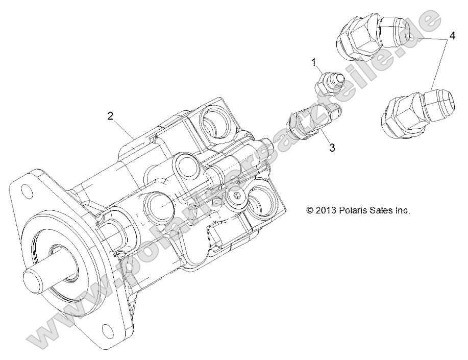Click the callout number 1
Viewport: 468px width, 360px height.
314,62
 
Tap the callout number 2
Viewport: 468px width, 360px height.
110,115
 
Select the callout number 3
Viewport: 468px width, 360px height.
332,148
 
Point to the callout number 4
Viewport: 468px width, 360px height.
452,36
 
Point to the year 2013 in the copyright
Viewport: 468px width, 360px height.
325,210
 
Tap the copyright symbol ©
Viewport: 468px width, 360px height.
310,210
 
